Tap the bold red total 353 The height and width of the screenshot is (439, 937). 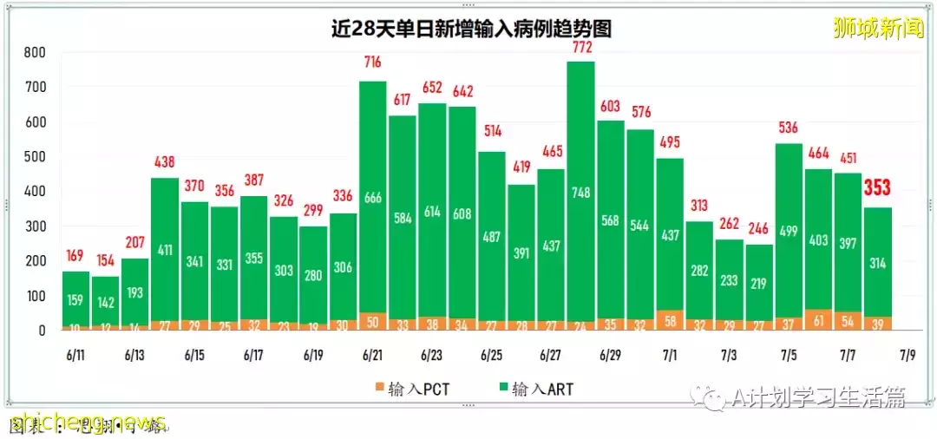pyautogui.click(x=877, y=188)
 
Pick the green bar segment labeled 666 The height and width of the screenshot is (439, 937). pyautogui.click(x=373, y=198)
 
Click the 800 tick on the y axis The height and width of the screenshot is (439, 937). pyautogui.click(x=35, y=53)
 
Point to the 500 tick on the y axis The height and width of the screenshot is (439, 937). pyautogui.click(x=35, y=157)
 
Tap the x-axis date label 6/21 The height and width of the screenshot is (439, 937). pyautogui.click(x=373, y=355)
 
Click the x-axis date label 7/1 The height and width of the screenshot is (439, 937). pyautogui.click(x=670, y=355)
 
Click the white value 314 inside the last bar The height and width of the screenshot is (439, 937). pyautogui.click(x=877, y=264)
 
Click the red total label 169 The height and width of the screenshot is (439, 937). pyautogui.click(x=76, y=257)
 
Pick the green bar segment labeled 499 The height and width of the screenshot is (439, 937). pyautogui.click(x=788, y=230)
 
